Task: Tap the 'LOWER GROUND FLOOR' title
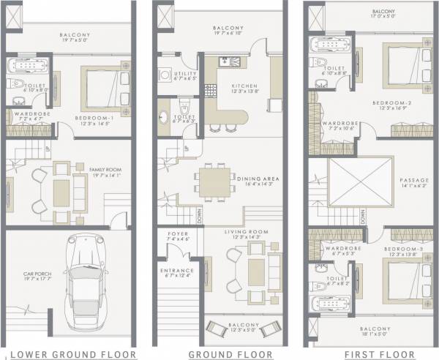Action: pos(70,353)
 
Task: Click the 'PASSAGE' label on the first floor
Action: pos(410,180)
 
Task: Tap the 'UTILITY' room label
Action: pos(184,75)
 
